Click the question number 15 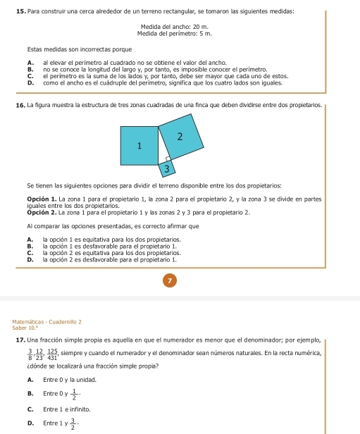click(x=21, y=11)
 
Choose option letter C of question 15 click(x=30, y=76)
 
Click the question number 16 click(x=21, y=106)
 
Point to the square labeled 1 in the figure click(x=139, y=146)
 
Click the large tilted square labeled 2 click(x=181, y=137)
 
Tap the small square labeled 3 click(x=167, y=169)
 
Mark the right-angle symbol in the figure click(x=168, y=159)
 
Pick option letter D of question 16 click(x=30, y=260)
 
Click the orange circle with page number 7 click(x=170, y=280)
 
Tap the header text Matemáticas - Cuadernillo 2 click(x=47, y=322)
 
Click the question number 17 click(x=21, y=340)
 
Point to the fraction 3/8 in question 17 click(x=30, y=354)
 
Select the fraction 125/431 click(x=52, y=354)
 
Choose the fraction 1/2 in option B click(x=74, y=395)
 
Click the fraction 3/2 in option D click(x=73, y=424)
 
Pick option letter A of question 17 click(x=30, y=380)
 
